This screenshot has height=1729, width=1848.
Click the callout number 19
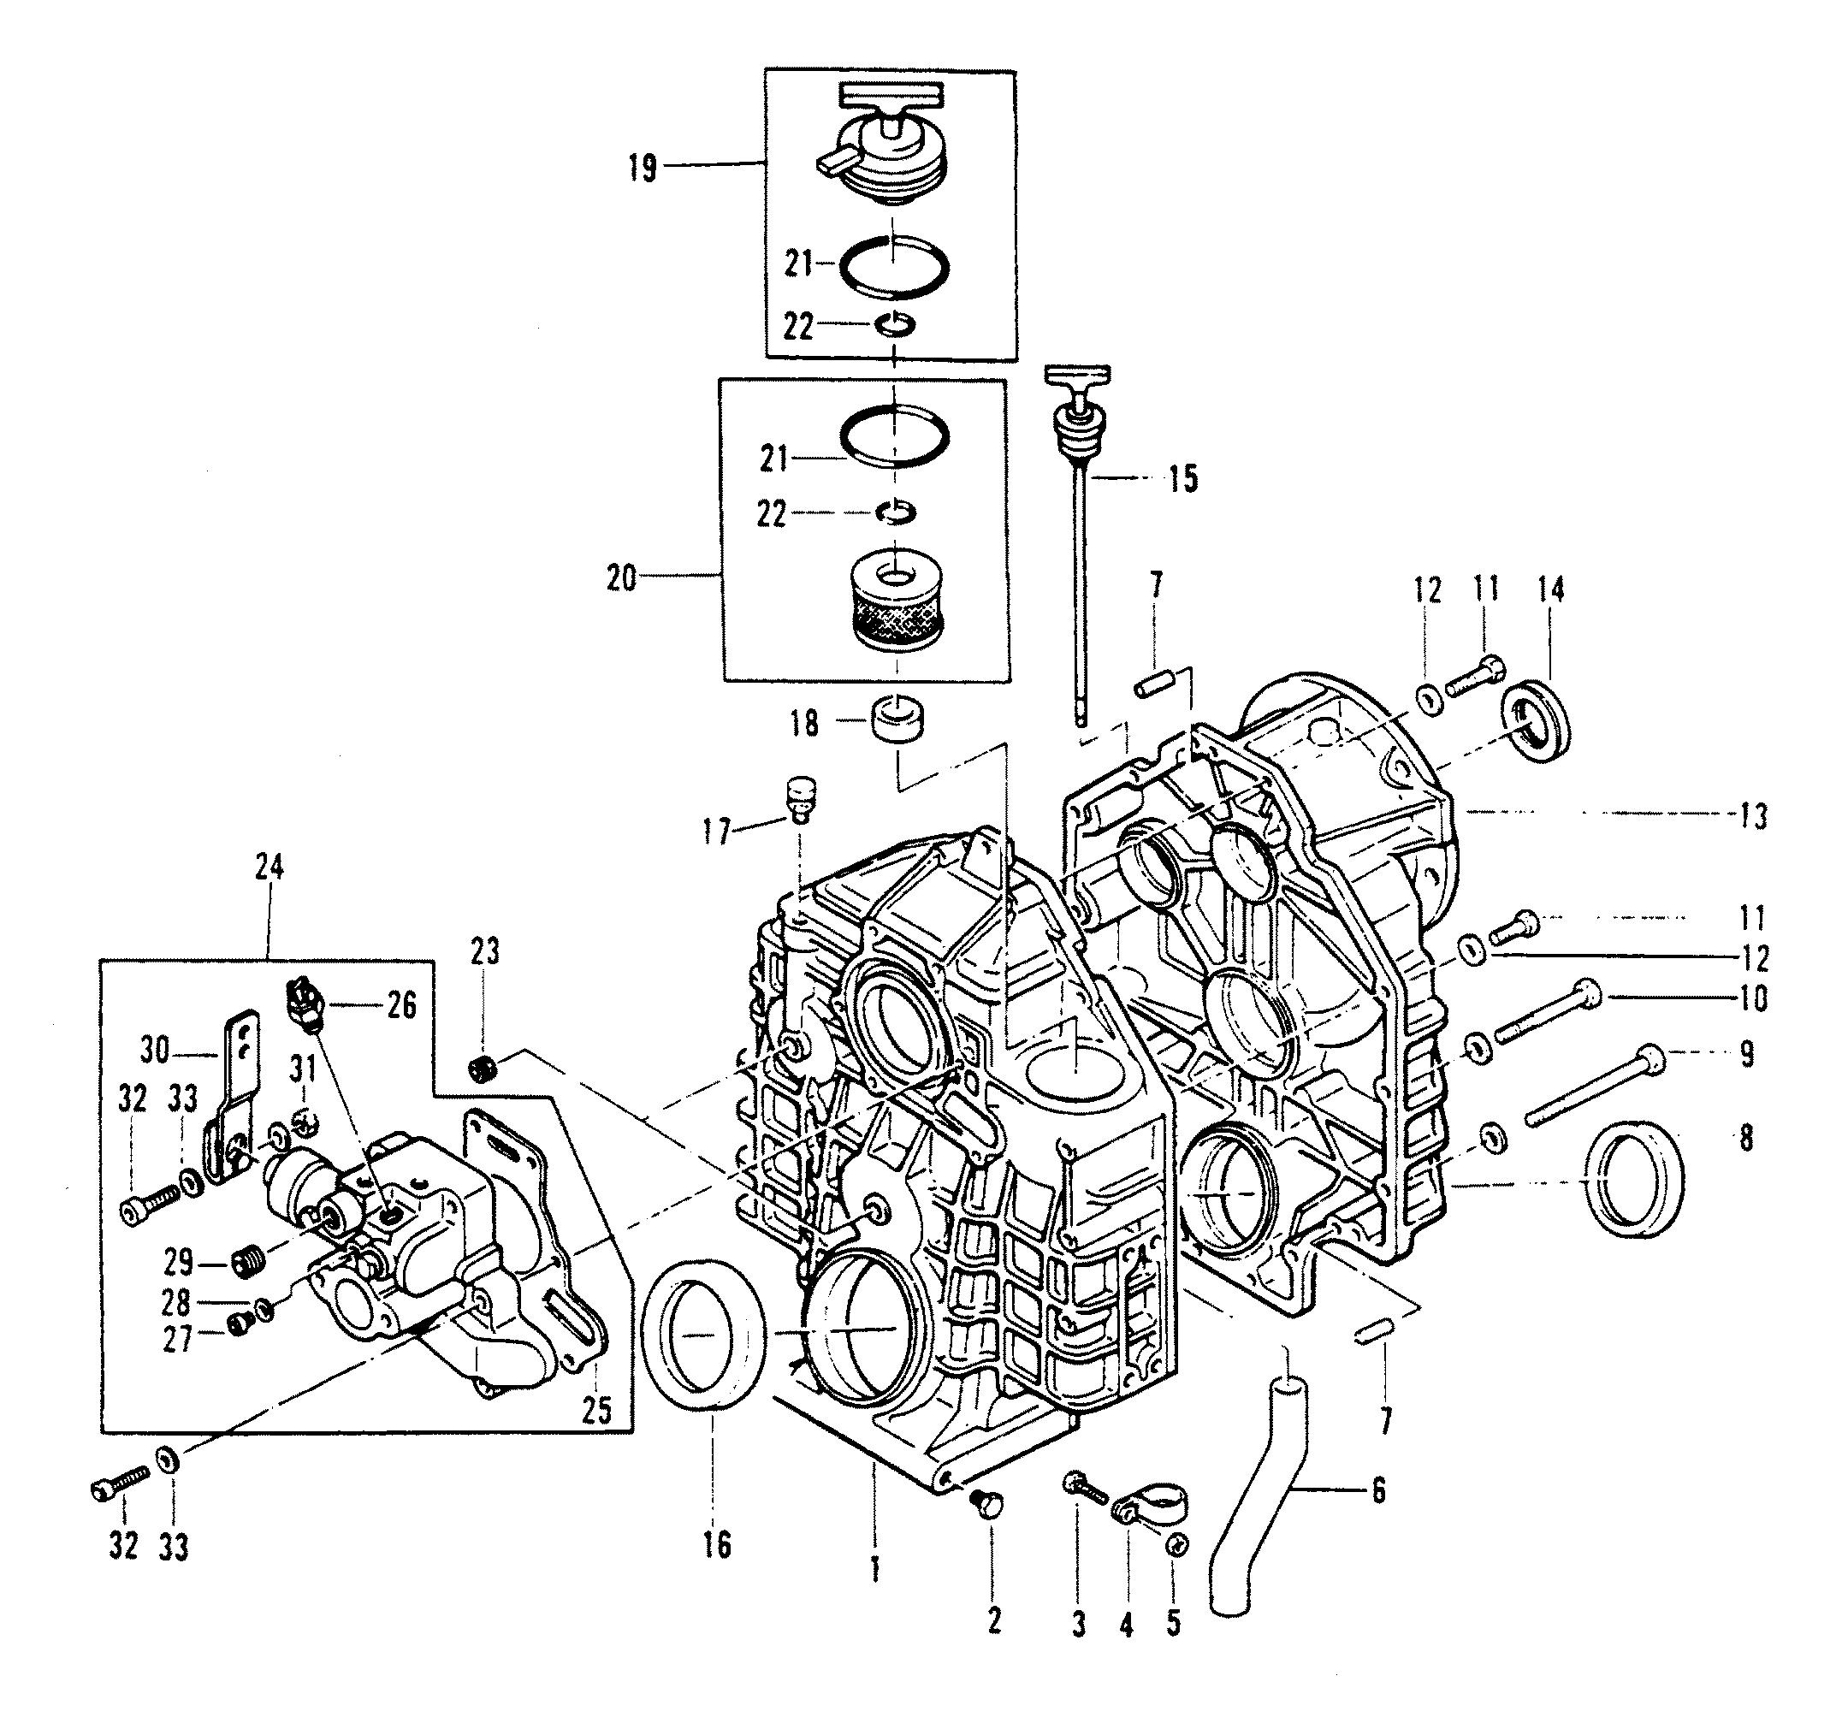pyautogui.click(x=643, y=169)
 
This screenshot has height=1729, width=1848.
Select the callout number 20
pyautogui.click(x=622, y=578)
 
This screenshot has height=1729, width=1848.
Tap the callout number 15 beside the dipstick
pyautogui.click(x=1183, y=480)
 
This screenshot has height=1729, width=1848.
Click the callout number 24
pyautogui.click(x=269, y=868)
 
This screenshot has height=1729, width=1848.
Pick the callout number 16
pyautogui.click(x=718, y=1545)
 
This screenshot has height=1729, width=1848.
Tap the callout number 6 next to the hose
pyautogui.click(x=1377, y=1490)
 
